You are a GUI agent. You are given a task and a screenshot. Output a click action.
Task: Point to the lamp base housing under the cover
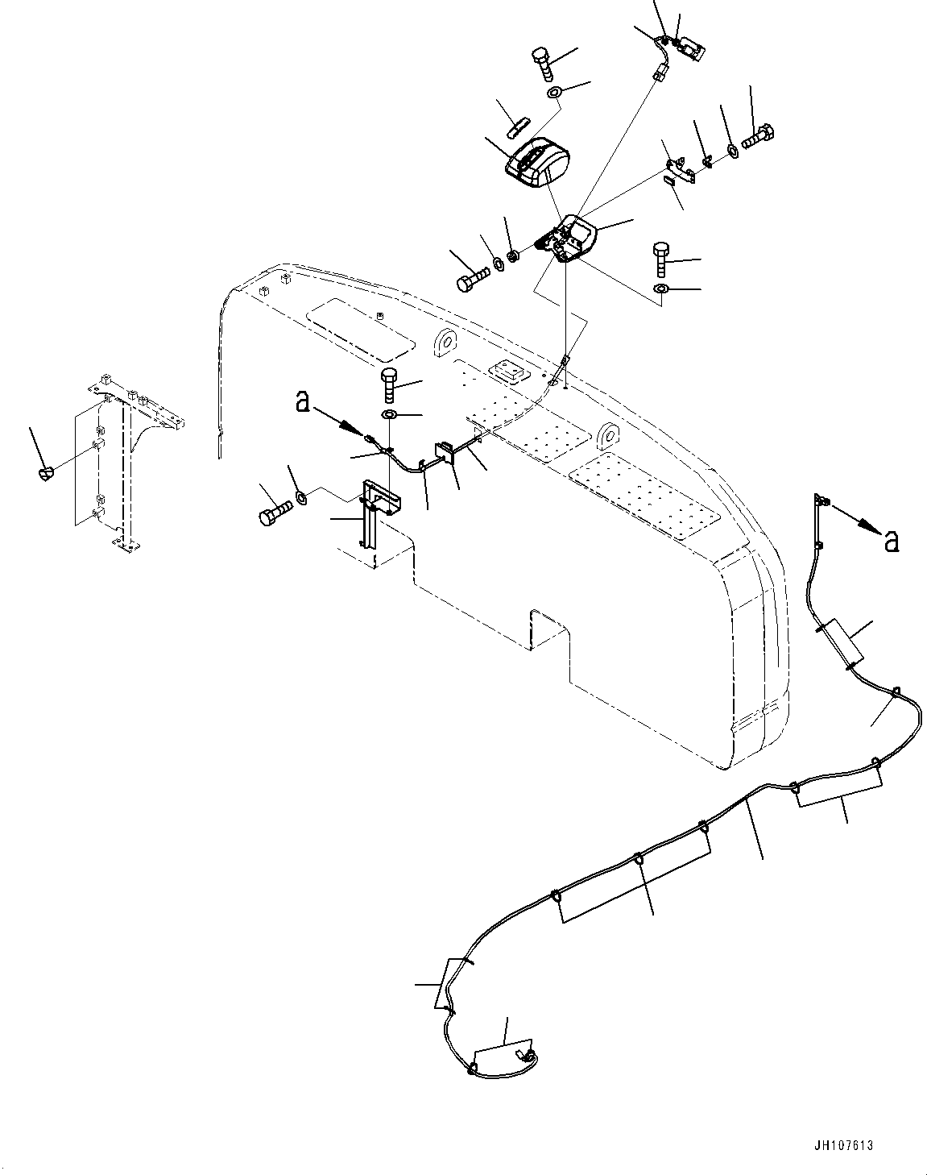pos(570,238)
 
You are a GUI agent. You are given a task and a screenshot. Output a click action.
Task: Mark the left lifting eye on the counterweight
pos(445,343)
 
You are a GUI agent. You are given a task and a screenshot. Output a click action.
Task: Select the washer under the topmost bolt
pos(555,93)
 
